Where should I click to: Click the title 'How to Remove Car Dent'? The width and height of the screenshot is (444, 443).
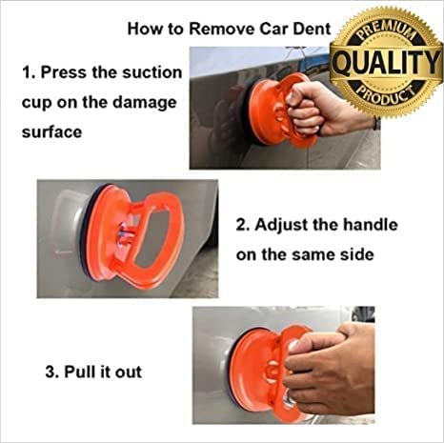(229, 29)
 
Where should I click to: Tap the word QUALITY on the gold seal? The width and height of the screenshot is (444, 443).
(387, 63)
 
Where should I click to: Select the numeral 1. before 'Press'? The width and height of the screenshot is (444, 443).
(30, 71)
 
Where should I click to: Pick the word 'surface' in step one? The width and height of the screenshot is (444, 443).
(51, 131)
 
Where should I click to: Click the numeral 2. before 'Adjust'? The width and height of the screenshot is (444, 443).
(243, 226)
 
